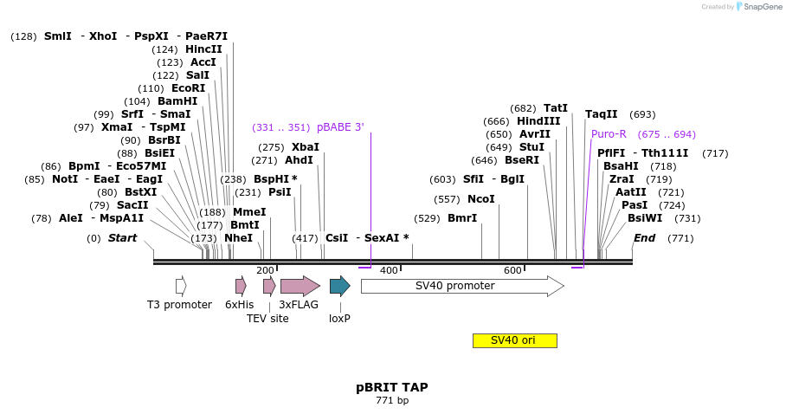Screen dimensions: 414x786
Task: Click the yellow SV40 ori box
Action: point(514,340)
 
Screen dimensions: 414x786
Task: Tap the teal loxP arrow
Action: point(339,286)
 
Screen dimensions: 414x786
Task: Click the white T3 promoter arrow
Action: point(181,286)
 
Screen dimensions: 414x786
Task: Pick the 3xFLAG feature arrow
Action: point(300,286)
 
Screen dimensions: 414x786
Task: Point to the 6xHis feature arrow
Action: point(241,286)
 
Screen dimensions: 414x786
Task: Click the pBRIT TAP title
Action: point(391,387)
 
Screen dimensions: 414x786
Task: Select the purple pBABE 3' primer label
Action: point(340,127)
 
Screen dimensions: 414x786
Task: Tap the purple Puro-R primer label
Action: point(609,134)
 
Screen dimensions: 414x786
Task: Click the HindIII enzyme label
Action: point(538,121)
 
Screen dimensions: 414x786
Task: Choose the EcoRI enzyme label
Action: point(188,88)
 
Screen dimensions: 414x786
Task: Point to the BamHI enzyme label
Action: point(177,101)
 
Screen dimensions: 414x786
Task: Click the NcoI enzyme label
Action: point(480,199)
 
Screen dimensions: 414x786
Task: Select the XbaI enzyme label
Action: point(305,147)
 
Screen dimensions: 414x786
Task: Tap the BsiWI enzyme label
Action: point(644,218)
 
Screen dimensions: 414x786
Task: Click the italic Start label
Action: point(122,238)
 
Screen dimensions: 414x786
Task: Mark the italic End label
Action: point(644,238)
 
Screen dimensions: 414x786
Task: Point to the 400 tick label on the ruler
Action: point(389,270)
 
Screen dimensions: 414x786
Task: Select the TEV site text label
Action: point(267,319)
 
